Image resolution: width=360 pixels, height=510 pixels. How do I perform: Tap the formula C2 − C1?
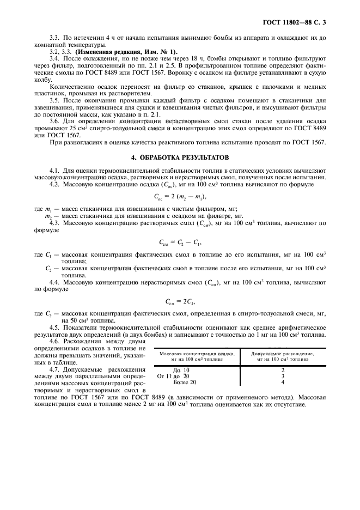click(180, 241)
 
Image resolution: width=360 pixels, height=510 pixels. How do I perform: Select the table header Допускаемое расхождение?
click(283, 353)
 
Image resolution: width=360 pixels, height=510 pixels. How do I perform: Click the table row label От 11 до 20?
click(173, 376)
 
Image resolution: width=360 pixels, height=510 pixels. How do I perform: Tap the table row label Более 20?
click(181, 382)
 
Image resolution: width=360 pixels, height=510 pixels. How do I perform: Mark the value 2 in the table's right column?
click(283, 370)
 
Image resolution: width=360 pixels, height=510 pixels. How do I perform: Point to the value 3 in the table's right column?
click(283, 376)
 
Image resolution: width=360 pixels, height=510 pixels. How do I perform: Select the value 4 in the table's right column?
click(283, 382)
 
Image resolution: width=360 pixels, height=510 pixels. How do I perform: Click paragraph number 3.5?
click(54, 101)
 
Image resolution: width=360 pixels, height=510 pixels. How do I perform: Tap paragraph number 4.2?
click(54, 185)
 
